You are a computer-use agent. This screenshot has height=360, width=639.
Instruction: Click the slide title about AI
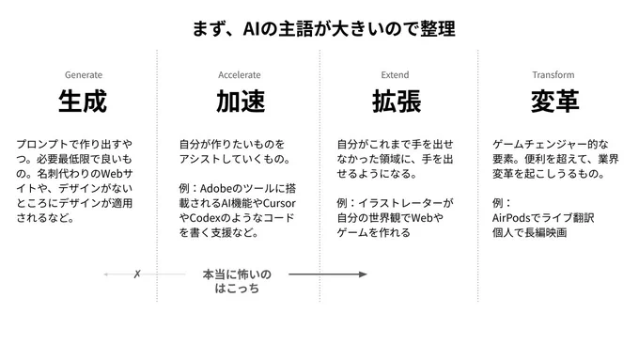323,28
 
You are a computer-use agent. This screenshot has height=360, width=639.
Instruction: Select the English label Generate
84,75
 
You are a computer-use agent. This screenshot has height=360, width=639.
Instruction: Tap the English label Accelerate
240,75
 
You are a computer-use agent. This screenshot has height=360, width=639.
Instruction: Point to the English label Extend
395,75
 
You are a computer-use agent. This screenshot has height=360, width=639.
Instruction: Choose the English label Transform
553,75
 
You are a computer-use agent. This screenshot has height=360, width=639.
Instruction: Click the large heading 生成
83,102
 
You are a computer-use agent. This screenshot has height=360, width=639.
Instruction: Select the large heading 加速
241,102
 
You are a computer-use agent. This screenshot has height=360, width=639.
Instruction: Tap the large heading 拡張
397,102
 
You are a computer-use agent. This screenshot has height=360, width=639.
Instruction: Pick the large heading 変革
554,102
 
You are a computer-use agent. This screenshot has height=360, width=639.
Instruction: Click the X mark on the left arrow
137,274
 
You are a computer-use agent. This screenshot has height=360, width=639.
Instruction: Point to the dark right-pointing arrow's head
363,274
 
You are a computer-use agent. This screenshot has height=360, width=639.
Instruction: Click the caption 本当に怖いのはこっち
237,281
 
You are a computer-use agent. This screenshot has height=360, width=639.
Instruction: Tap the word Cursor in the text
279,203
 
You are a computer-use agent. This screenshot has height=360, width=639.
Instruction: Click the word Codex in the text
205,218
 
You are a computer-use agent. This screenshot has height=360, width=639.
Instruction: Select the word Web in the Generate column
112,174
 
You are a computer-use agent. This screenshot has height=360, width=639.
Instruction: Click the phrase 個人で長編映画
529,232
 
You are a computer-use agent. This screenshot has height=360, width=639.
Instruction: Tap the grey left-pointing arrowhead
106,274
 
